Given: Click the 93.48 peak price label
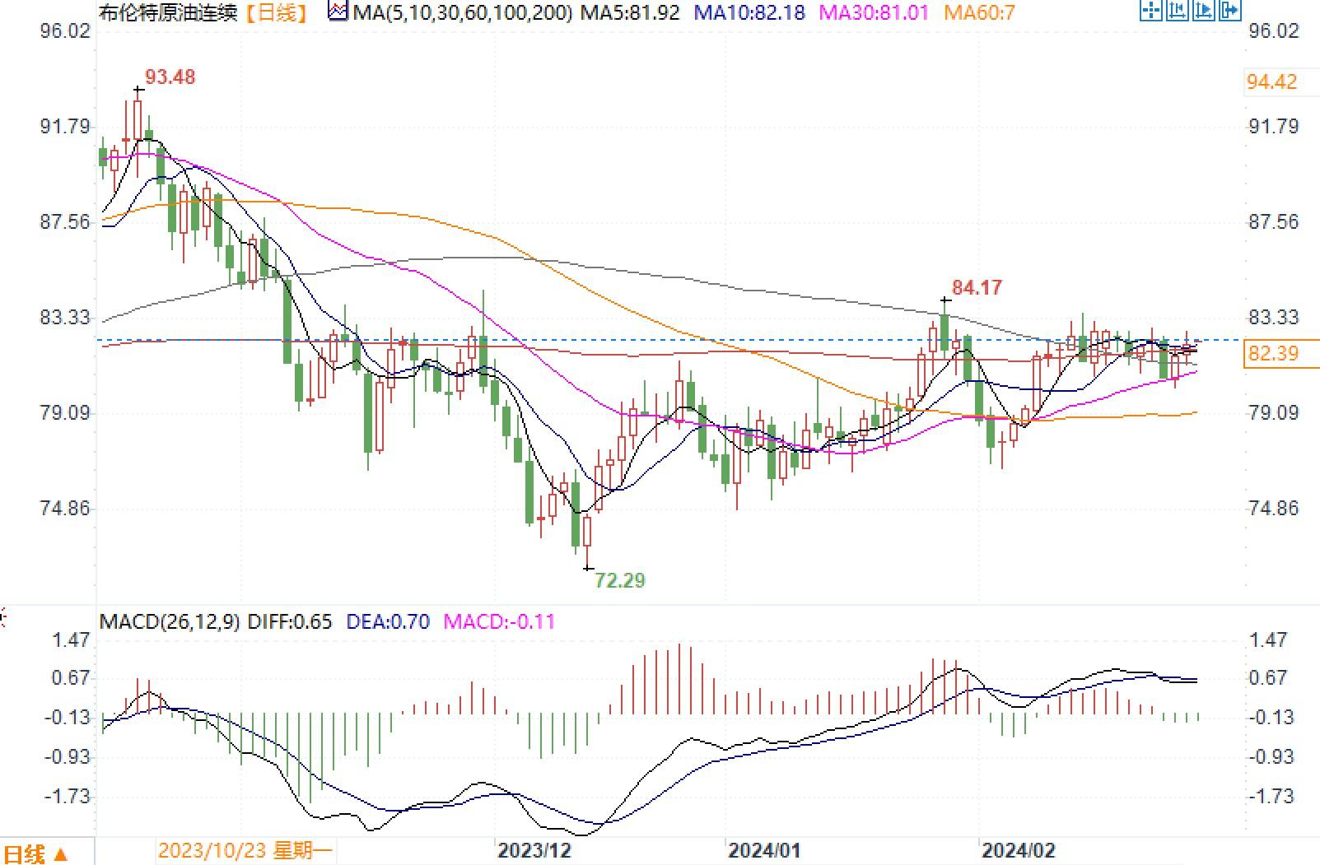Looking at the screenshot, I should click(170, 77).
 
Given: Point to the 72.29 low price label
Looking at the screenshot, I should click(620, 581).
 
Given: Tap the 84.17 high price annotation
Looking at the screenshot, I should click(977, 288).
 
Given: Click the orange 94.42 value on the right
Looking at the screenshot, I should click(1272, 82).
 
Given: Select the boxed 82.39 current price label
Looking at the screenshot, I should click(1273, 354).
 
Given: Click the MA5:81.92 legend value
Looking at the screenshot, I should click(630, 13).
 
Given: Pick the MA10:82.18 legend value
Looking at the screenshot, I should click(749, 13).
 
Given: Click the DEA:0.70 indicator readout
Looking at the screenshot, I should click(388, 622).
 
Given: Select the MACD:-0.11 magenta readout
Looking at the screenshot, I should click(499, 622).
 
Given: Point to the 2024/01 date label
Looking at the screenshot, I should click(764, 850).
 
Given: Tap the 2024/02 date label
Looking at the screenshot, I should click(1017, 850).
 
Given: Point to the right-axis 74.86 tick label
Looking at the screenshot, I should click(1274, 509).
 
